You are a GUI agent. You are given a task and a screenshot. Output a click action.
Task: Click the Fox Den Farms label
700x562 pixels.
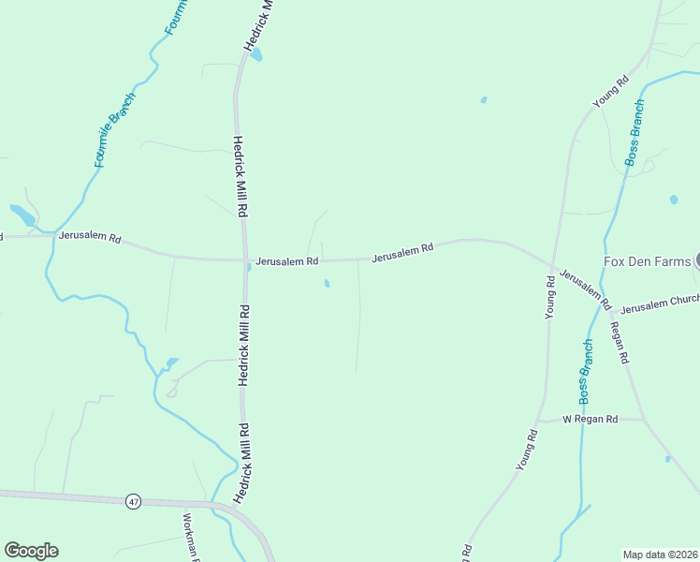(647, 261)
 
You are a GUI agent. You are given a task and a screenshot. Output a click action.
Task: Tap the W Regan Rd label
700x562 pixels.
(590, 419)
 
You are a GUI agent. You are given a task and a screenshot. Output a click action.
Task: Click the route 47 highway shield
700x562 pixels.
(134, 502)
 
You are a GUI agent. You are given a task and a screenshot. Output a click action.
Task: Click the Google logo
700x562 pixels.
(31, 551)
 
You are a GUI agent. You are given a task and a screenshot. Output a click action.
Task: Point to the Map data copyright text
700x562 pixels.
(660, 554)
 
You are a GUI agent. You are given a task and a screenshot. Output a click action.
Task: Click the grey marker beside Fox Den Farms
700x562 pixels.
(697, 260)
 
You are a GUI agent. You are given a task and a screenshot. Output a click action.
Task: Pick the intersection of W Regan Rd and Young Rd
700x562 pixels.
(540, 420)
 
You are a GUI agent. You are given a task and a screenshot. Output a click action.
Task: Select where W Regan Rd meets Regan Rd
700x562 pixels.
(643, 419)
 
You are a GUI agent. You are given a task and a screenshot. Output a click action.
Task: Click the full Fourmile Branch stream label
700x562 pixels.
(116, 129)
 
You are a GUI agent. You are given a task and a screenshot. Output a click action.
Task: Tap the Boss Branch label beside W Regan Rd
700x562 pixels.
(587, 372)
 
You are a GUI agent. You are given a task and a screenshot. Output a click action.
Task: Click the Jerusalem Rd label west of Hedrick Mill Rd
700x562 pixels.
(90, 237)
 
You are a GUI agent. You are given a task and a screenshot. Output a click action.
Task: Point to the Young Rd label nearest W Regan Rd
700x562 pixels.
(529, 450)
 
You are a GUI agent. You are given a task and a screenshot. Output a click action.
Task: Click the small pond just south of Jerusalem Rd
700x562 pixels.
(327, 283)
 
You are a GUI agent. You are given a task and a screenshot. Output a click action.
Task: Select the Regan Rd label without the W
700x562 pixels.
(620, 344)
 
